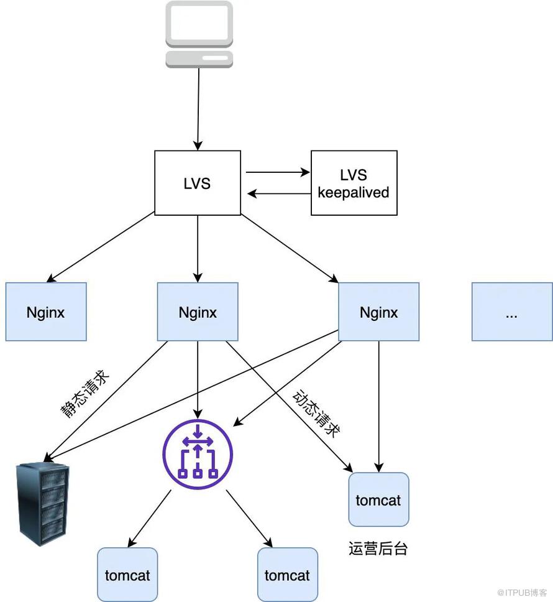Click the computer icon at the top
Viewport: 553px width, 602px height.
coord(199,34)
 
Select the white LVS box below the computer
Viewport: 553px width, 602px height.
coord(198,183)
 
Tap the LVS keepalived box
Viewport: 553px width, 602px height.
coord(354,183)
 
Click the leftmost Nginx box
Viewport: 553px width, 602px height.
coord(46,312)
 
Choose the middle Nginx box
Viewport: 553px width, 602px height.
coord(198,312)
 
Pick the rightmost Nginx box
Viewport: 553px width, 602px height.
coord(378,312)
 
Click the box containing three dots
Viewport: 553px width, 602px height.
coord(511,312)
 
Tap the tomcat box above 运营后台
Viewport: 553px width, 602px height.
coord(378,499)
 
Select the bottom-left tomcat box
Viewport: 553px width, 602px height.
coord(127,575)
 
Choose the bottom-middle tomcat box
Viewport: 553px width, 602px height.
coord(287,575)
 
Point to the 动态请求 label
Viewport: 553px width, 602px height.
coord(317,413)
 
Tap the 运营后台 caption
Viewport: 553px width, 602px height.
coord(378,549)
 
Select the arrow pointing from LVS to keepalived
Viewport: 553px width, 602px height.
coord(277,172)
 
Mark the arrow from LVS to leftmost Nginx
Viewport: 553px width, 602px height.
coord(101,246)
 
